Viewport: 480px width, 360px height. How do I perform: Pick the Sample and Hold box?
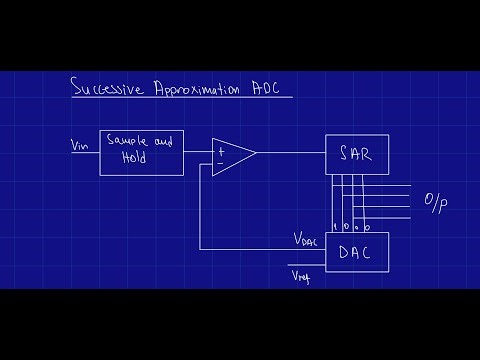pyautogui.click(x=142, y=152)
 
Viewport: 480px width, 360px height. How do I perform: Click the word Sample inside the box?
pyautogui.click(x=129, y=144)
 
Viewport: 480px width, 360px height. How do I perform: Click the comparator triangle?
pyautogui.click(x=231, y=153)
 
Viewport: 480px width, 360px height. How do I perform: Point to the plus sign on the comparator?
pyautogui.click(x=219, y=147)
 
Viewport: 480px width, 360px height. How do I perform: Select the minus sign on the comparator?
pyautogui.click(x=219, y=161)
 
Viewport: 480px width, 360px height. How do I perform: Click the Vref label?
pyautogui.click(x=300, y=274)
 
